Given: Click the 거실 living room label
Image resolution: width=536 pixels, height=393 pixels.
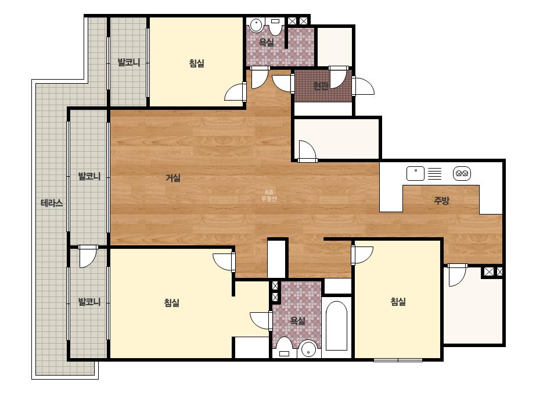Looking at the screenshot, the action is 173,178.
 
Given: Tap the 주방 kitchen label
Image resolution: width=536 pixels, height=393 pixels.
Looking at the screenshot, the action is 441,200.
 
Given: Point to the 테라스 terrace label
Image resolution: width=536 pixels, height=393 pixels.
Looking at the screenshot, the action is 52,203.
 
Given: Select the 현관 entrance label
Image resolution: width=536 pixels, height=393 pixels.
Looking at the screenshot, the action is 321,85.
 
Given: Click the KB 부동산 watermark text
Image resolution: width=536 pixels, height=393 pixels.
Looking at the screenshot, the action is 269,195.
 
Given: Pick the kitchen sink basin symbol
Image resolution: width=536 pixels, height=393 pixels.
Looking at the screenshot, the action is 415,174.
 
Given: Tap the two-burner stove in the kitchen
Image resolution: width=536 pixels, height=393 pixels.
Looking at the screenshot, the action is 462,174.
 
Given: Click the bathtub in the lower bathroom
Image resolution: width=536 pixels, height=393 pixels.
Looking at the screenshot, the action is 337,326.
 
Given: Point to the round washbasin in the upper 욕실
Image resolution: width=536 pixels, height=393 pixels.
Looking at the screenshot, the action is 256,25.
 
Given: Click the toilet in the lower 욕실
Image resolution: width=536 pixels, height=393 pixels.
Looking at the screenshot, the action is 284,347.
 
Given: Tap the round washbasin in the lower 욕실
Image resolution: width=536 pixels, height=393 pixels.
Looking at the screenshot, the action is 309,348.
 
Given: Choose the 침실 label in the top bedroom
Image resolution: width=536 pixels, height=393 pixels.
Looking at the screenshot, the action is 196,63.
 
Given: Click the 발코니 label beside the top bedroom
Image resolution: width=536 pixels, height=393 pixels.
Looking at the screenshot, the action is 129,62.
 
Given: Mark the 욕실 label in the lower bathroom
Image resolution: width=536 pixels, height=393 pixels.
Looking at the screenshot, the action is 297,321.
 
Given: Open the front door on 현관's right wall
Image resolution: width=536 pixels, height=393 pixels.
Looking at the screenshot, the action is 363,86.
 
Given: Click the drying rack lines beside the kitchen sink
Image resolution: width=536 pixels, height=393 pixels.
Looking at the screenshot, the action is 435,174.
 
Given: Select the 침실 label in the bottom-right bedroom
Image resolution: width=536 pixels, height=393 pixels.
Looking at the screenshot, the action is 398,302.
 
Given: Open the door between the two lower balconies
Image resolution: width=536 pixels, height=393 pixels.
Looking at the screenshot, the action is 88,256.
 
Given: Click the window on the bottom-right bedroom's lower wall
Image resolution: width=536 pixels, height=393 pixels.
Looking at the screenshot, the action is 398,360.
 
